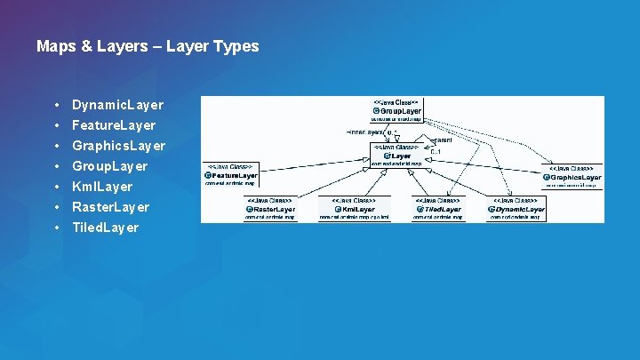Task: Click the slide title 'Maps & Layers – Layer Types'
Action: (x=148, y=46)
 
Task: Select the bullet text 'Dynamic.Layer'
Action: (x=117, y=105)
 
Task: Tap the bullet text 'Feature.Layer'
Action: (x=114, y=125)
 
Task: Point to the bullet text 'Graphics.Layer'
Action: (x=118, y=146)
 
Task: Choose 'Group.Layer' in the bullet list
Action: (x=109, y=166)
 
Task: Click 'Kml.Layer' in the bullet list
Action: (x=102, y=187)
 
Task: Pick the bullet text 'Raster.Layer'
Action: (x=110, y=207)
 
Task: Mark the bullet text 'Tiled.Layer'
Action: (x=105, y=228)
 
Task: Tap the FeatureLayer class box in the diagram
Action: (x=230, y=175)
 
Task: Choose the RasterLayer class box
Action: (x=269, y=209)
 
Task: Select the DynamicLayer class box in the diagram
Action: (x=516, y=209)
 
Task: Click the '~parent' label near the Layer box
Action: (x=441, y=140)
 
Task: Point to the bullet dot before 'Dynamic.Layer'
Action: (x=56, y=105)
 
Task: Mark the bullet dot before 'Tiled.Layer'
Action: (x=56, y=228)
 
